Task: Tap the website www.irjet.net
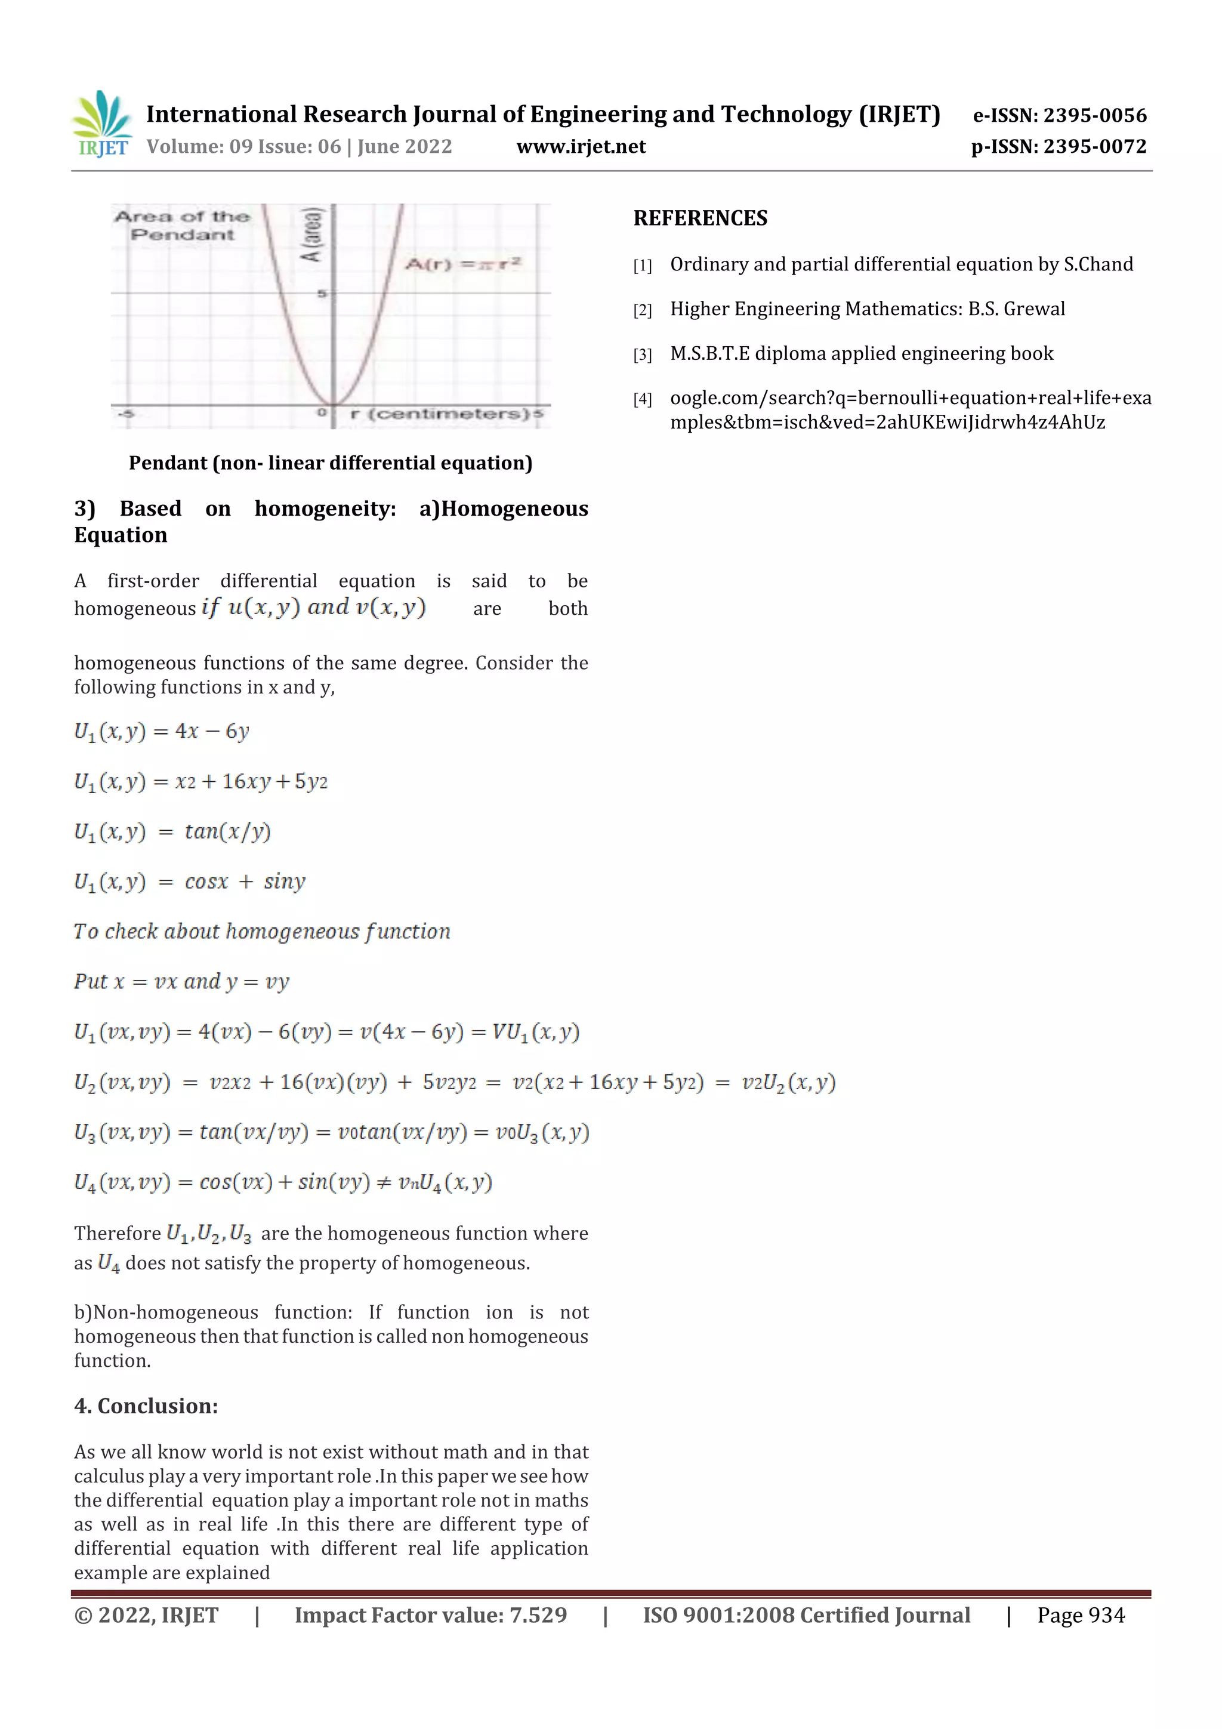[x=581, y=147]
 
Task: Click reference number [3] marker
[x=641, y=355]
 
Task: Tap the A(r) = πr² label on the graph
[x=462, y=264]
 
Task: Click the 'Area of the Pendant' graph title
[x=181, y=225]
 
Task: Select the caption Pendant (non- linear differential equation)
[x=330, y=463]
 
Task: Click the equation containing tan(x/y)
[x=172, y=831]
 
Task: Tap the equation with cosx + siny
[x=190, y=882]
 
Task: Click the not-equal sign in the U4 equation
[x=384, y=1182]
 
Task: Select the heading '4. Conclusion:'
[x=146, y=1406]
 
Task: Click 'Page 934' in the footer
[x=1081, y=1615]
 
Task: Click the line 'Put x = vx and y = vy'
[x=181, y=982]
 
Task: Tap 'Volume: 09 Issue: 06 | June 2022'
[x=299, y=147]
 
